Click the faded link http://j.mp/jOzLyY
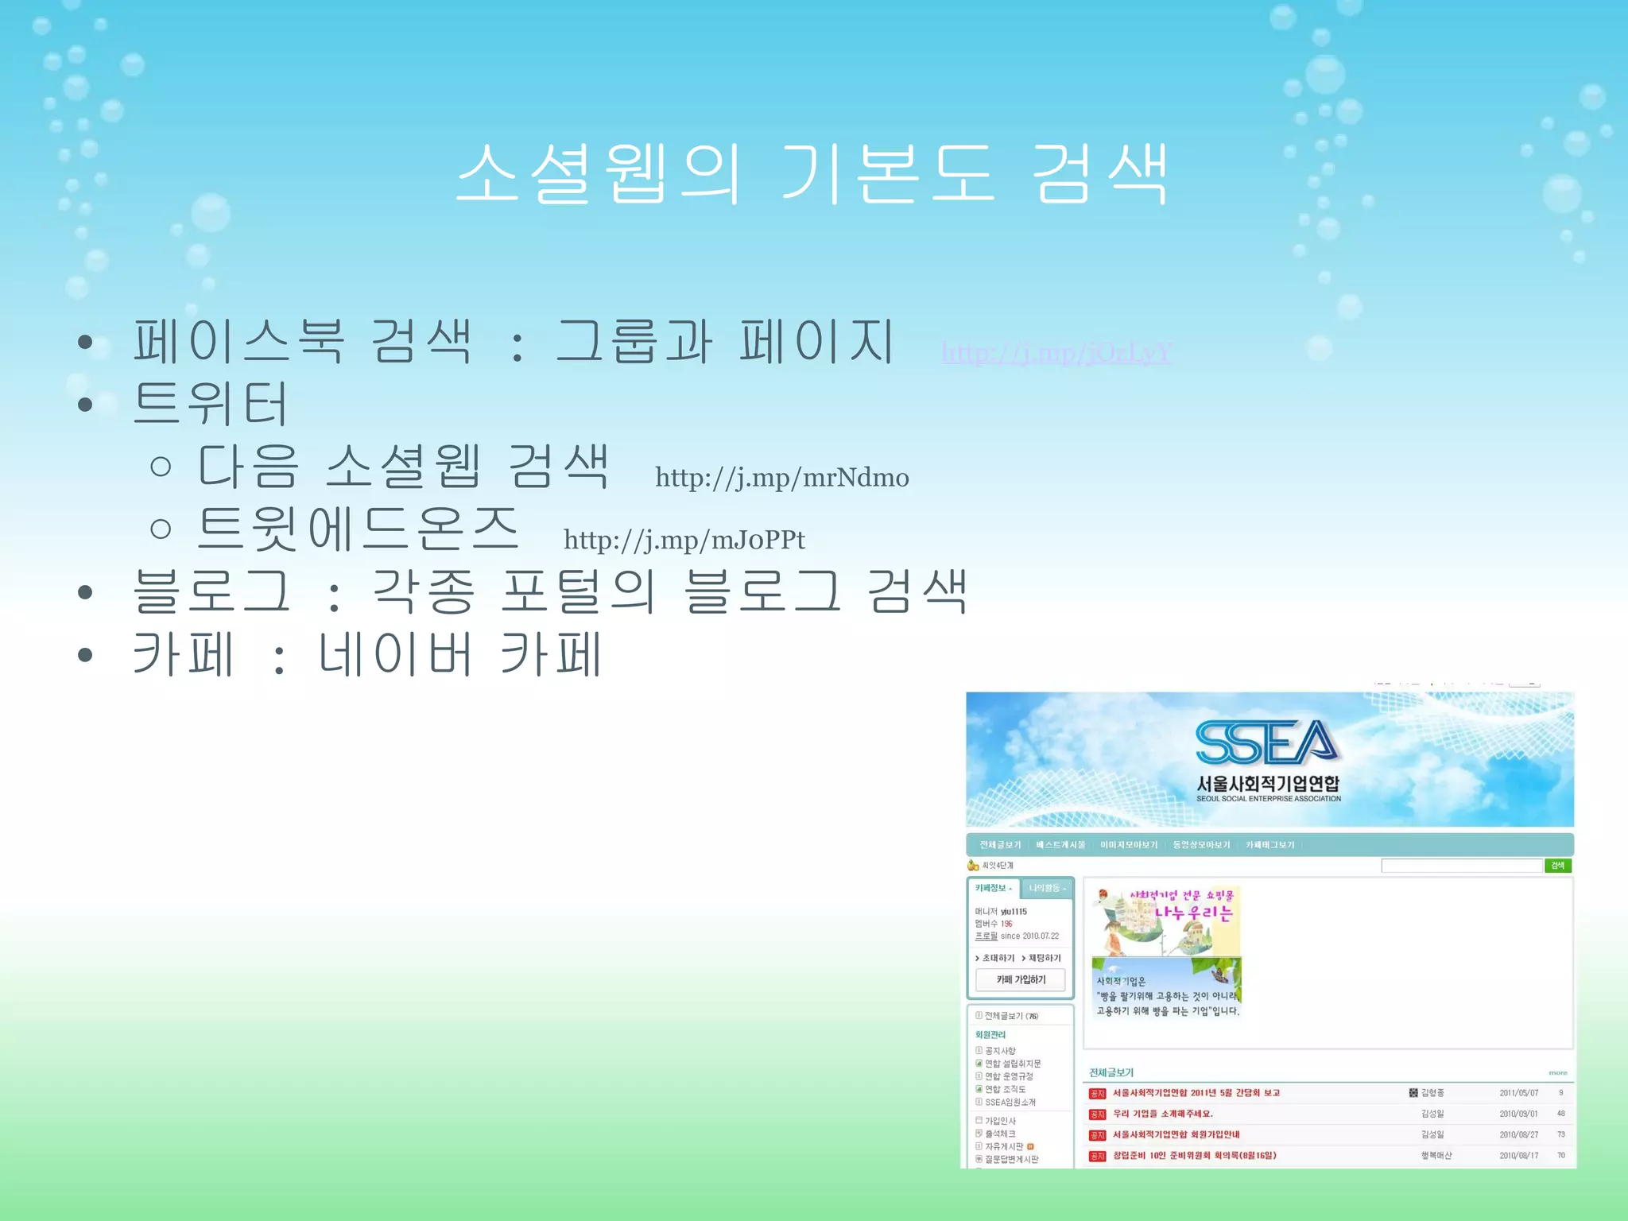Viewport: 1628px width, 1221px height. click(x=1056, y=352)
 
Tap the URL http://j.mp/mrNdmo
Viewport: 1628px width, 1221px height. click(x=781, y=477)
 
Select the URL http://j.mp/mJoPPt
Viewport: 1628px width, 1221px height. click(x=684, y=540)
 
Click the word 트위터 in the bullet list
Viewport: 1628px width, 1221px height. click(x=210, y=403)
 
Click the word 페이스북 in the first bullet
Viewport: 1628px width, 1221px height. click(x=239, y=341)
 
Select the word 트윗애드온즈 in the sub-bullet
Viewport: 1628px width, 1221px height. click(x=358, y=528)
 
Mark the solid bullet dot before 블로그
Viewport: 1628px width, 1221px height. click(x=85, y=592)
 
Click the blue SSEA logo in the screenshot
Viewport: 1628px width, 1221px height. click(x=1267, y=742)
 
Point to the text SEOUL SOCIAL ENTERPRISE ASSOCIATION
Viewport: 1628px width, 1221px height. click(x=1269, y=799)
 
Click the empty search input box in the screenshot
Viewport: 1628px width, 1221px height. click(x=1461, y=866)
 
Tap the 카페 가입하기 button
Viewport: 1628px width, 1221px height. click(x=1021, y=980)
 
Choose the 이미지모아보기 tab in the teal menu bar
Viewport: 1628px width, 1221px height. click(x=1129, y=845)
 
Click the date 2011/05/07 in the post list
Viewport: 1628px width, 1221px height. click(x=1518, y=1093)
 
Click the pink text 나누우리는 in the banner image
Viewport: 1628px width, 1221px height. click(x=1192, y=913)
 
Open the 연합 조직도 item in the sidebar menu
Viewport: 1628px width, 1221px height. click(x=1005, y=1089)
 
